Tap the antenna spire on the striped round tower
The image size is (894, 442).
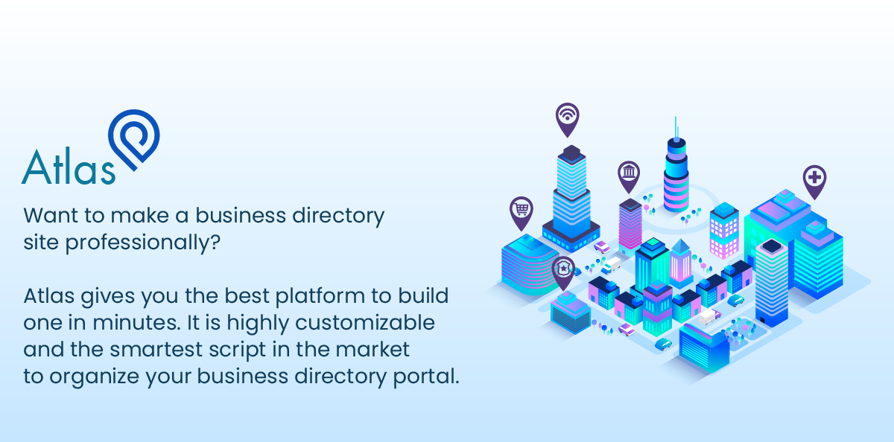676,127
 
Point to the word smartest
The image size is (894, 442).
140,350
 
